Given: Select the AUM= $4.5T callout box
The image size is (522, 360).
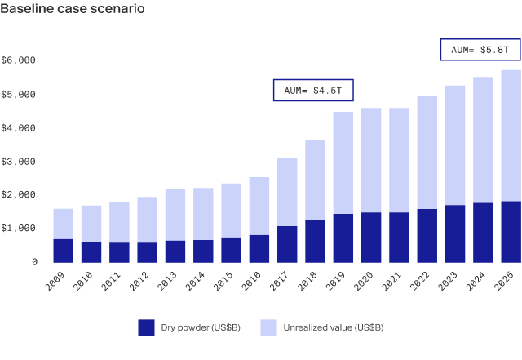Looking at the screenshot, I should [314, 91].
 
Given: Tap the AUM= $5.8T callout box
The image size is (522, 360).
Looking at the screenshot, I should [480, 50].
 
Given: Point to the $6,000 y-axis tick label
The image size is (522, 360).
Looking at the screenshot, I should [20, 60].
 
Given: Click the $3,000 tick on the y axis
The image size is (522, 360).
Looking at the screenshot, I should [20, 162].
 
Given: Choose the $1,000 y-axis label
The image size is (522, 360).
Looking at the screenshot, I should [20, 229].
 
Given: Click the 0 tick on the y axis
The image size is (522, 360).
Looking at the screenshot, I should [34, 262].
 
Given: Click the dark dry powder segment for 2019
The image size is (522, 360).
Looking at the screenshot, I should [343, 238].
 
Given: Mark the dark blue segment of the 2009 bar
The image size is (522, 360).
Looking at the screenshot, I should [64, 251].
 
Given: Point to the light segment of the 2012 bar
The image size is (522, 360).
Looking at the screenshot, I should [148, 220].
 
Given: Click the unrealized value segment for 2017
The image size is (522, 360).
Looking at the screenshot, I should [287, 192].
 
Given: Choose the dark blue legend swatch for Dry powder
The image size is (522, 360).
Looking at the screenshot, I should [147, 327].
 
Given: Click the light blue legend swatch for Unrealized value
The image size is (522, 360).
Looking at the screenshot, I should [268, 327].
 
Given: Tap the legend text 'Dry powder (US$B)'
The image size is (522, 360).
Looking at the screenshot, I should [200, 327].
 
